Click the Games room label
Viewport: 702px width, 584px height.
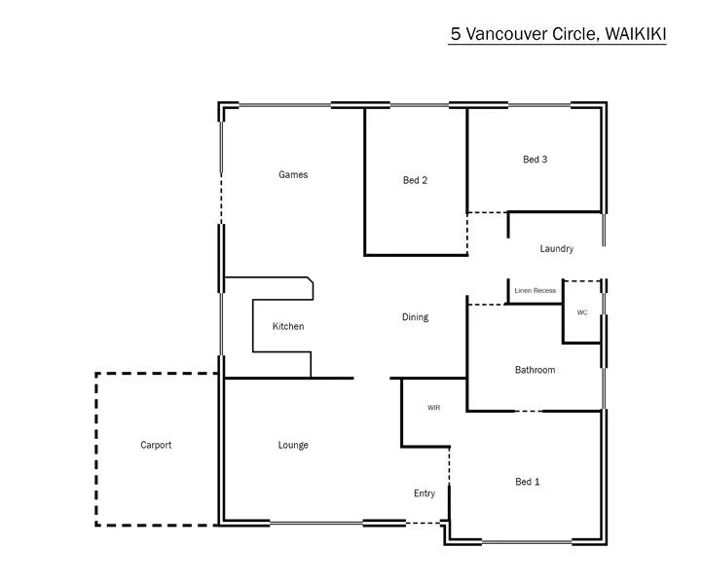293,175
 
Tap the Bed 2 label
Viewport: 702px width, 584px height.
416,180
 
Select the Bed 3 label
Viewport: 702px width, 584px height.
536,160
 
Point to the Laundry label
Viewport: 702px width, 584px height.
557,249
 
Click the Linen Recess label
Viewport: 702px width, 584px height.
536,291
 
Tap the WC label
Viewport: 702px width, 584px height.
582,312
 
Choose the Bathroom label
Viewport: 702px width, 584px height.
535,370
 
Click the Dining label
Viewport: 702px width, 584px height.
415,317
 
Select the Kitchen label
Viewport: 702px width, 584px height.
288,326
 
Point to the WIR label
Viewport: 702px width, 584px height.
434,408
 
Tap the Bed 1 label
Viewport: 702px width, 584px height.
528,482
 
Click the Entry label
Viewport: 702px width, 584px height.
425,493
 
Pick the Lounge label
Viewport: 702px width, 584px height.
293,445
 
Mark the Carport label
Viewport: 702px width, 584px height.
156,445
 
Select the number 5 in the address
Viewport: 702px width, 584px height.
455,33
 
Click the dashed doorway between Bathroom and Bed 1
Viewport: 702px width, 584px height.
528,411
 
